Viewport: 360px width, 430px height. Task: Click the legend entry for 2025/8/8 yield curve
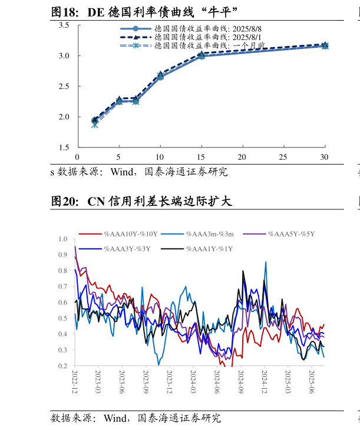pyautogui.click(x=191, y=28)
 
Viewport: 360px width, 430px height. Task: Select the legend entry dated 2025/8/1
pyautogui.click(x=191, y=37)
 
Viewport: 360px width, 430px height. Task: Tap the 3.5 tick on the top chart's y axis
pyautogui.click(x=64, y=25)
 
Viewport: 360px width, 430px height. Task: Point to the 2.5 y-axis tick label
pyautogui.click(x=64, y=86)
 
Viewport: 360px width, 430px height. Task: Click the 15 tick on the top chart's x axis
pyautogui.click(x=201, y=157)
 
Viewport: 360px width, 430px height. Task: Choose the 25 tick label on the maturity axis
pyautogui.click(x=283, y=157)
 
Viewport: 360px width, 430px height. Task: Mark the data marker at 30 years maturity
pyautogui.click(x=325, y=45)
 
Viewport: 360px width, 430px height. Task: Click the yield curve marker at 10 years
pyautogui.click(x=160, y=76)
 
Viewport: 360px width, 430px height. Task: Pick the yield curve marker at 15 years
pyautogui.click(x=201, y=55)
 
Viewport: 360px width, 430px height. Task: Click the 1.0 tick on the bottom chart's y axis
pyautogui.click(x=64, y=239)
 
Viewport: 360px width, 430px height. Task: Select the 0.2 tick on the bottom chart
pyautogui.click(x=64, y=366)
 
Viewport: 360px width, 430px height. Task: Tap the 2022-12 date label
pyautogui.click(x=75, y=383)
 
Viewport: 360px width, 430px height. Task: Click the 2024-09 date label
pyautogui.click(x=241, y=383)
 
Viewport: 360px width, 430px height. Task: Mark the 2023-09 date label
pyautogui.click(x=146, y=383)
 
